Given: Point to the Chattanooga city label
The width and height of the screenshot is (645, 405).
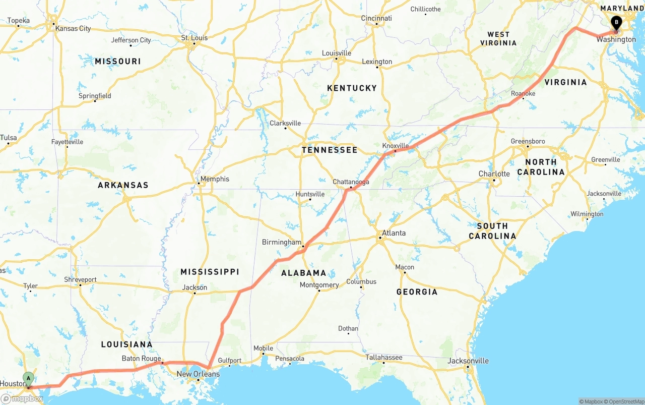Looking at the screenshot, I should click(351, 182).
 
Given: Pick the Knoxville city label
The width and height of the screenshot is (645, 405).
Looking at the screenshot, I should click(395, 145).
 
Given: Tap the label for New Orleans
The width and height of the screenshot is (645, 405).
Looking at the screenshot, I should click(198, 374).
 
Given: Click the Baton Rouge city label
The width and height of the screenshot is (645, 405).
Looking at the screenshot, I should click(141, 359).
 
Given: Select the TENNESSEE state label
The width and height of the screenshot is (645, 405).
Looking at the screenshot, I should click(330, 150).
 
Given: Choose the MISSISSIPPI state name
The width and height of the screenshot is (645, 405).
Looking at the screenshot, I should click(210, 272).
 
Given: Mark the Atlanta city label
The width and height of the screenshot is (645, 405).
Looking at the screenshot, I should click(393, 233).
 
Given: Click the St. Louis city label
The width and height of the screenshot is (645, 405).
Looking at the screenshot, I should click(195, 38).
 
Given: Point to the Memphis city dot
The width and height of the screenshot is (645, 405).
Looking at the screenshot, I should click(199, 183).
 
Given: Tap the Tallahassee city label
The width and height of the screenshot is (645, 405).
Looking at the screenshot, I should click(383, 357).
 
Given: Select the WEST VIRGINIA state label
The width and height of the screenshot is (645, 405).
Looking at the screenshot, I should click(498, 39).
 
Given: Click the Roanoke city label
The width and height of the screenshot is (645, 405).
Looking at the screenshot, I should click(523, 94).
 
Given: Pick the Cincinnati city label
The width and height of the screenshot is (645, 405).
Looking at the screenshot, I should click(376, 18).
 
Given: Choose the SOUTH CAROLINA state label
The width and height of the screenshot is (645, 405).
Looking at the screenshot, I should click(492, 231).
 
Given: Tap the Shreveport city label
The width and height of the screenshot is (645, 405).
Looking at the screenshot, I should click(80, 279).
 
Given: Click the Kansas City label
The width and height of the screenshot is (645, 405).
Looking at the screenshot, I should click(73, 28).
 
